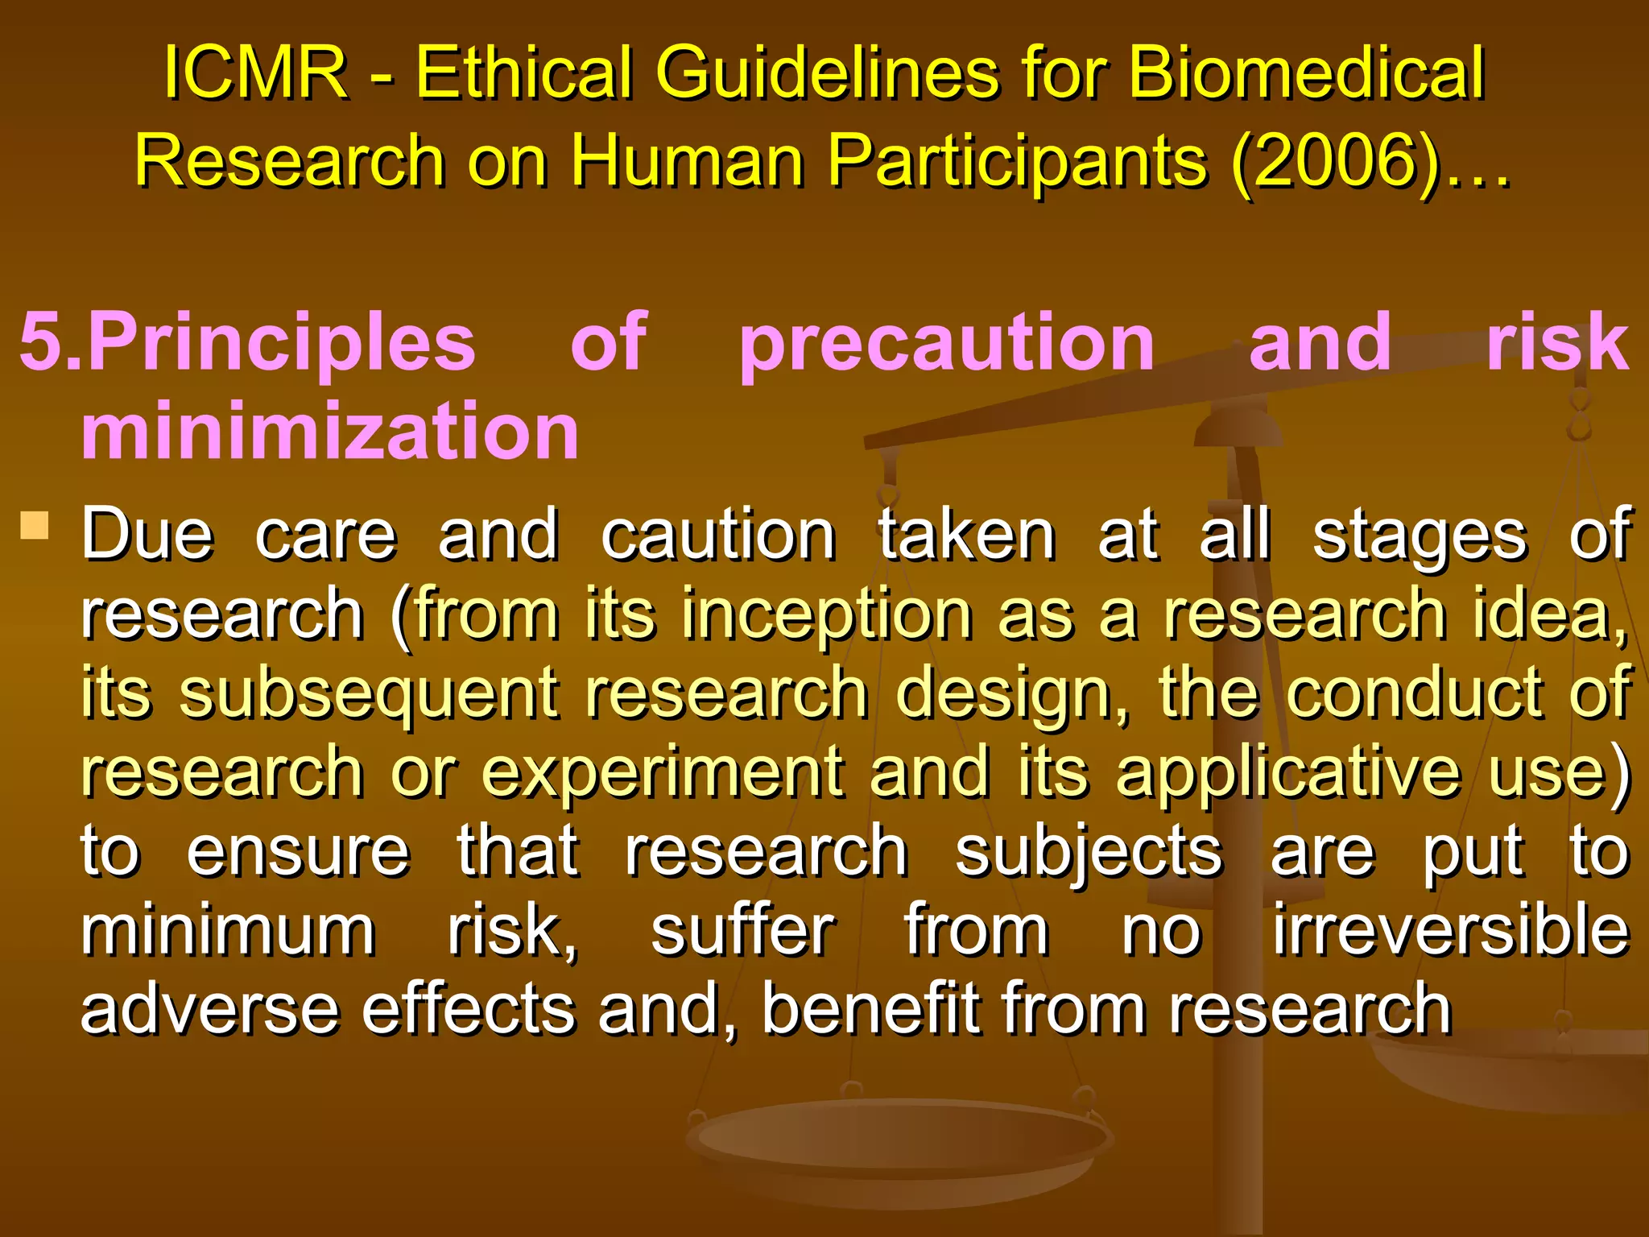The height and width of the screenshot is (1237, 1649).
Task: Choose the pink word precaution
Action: click(x=947, y=342)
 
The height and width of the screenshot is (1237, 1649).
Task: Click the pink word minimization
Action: click(x=330, y=431)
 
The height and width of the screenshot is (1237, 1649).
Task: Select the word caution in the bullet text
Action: click(x=718, y=535)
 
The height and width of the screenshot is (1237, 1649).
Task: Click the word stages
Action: click(x=1420, y=535)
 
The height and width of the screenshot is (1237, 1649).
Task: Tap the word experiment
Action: click(x=662, y=772)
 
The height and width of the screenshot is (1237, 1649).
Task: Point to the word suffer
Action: click(x=742, y=930)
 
